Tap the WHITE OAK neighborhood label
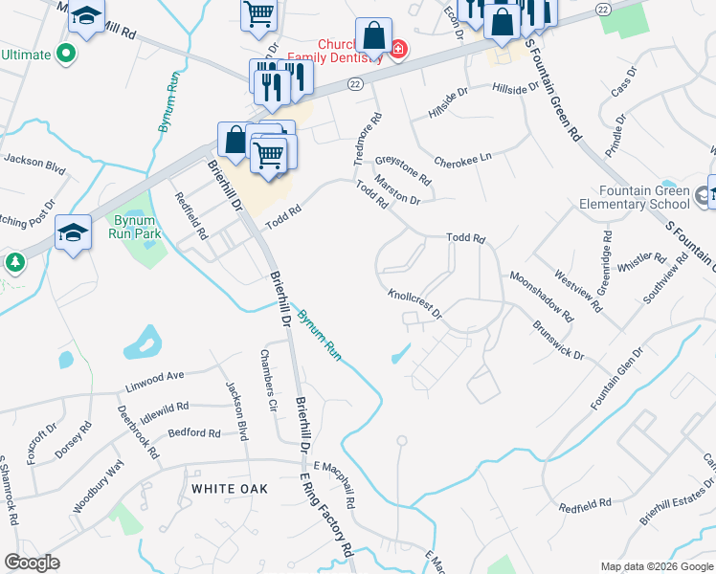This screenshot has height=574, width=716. (230, 488)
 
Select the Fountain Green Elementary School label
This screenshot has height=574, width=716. (636, 197)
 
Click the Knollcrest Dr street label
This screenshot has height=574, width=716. (414, 304)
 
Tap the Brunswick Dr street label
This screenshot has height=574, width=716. (557, 340)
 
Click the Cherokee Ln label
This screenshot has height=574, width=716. (462, 158)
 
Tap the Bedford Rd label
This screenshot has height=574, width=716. (193, 432)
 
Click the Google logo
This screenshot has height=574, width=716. (32, 563)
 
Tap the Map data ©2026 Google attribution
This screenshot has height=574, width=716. (656, 566)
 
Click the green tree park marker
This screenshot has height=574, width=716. (13, 261)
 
